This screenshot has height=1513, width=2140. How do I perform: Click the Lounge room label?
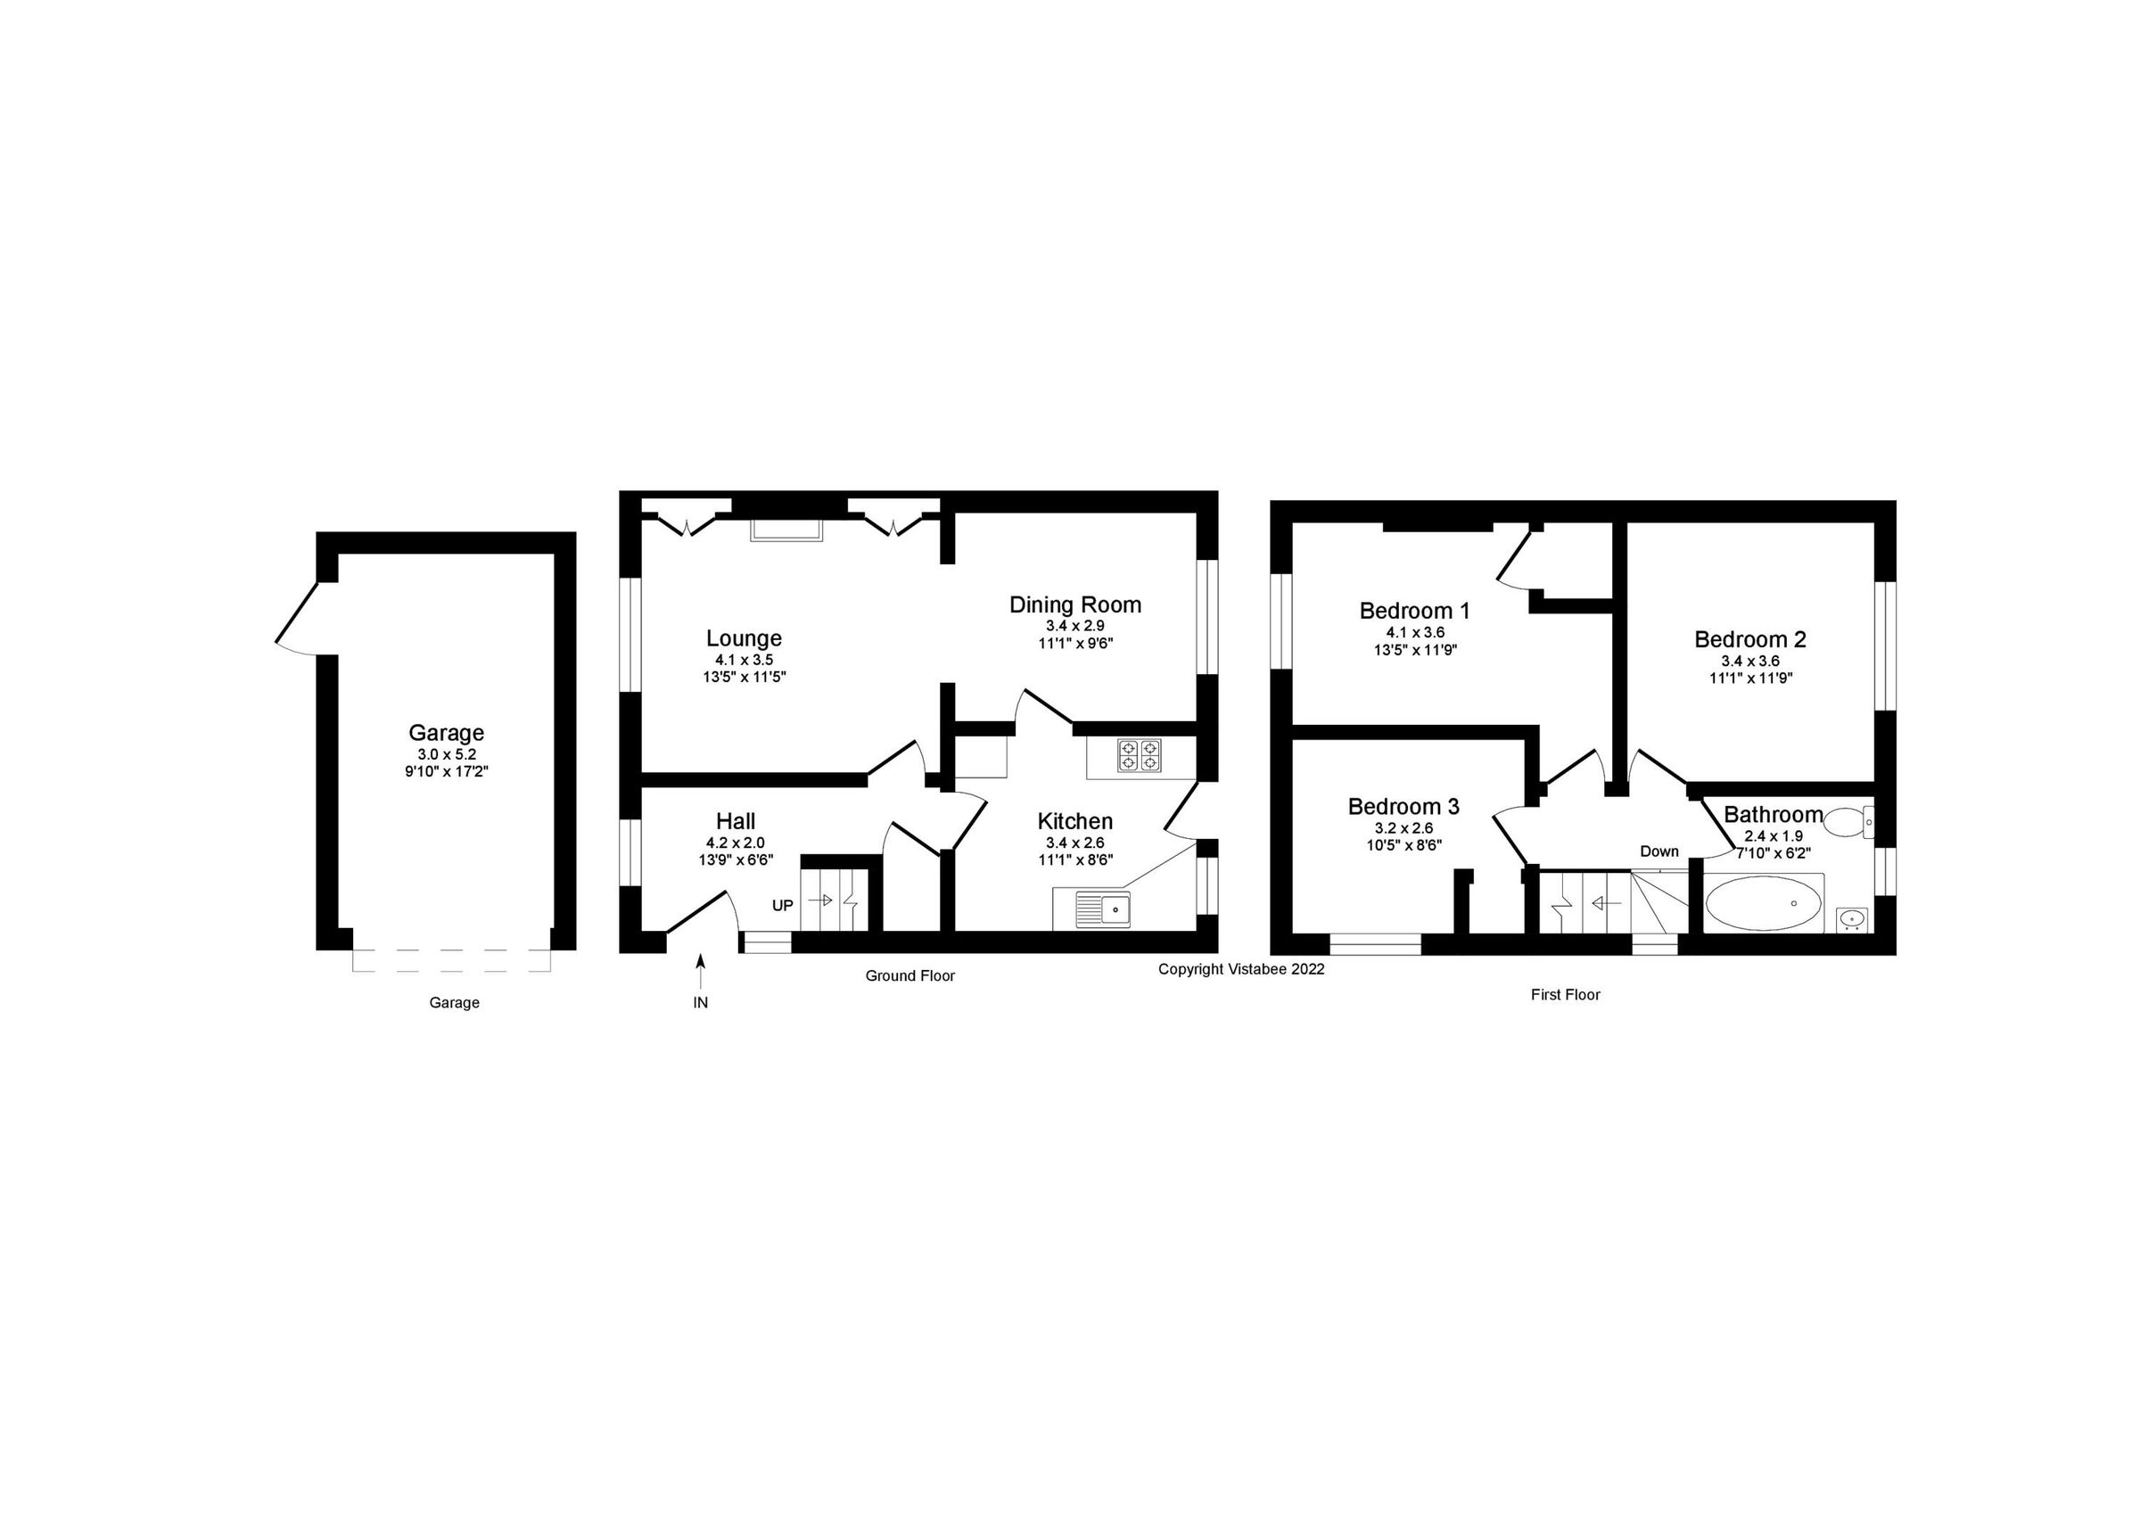743,638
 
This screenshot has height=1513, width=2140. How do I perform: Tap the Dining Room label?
1074,605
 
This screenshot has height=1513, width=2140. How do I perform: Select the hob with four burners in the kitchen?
1140,755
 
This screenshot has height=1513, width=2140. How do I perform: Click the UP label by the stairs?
782,905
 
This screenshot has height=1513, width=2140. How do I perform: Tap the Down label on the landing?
1659,851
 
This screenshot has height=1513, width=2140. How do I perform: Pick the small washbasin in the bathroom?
1851,919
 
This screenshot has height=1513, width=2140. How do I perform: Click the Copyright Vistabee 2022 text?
1240,969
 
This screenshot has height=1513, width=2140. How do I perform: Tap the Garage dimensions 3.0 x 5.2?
447,754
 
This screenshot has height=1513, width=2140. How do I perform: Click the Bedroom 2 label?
1749,639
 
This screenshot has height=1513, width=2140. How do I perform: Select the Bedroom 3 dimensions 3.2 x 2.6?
1403,827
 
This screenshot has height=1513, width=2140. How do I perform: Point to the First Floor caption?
1565,995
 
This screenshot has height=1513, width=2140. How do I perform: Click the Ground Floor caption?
909,976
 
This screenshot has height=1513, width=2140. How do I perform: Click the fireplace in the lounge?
787,529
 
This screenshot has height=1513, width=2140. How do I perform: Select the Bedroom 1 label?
1414,611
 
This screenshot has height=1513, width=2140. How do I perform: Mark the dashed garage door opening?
452,961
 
